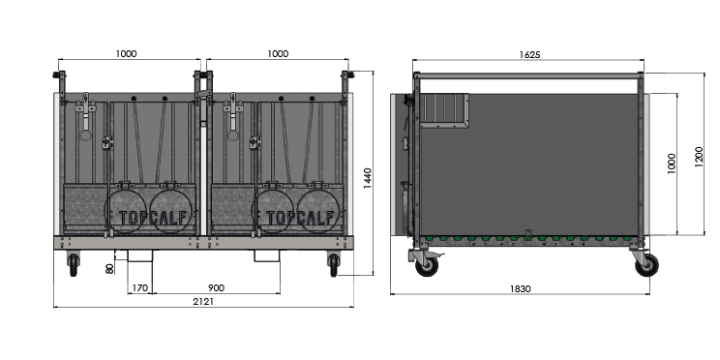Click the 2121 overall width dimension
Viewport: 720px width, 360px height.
(202, 301)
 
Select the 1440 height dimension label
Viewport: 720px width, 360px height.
(368, 178)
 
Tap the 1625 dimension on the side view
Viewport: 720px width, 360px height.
(529, 54)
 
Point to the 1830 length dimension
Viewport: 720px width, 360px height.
(520, 288)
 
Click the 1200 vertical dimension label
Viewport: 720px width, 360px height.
(699, 157)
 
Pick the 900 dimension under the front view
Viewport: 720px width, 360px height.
(216, 288)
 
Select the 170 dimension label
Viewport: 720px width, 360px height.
(139, 288)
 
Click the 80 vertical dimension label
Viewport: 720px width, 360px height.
(109, 268)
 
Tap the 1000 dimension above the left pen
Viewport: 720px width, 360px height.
(126, 54)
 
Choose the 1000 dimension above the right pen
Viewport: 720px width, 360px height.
(278, 54)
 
